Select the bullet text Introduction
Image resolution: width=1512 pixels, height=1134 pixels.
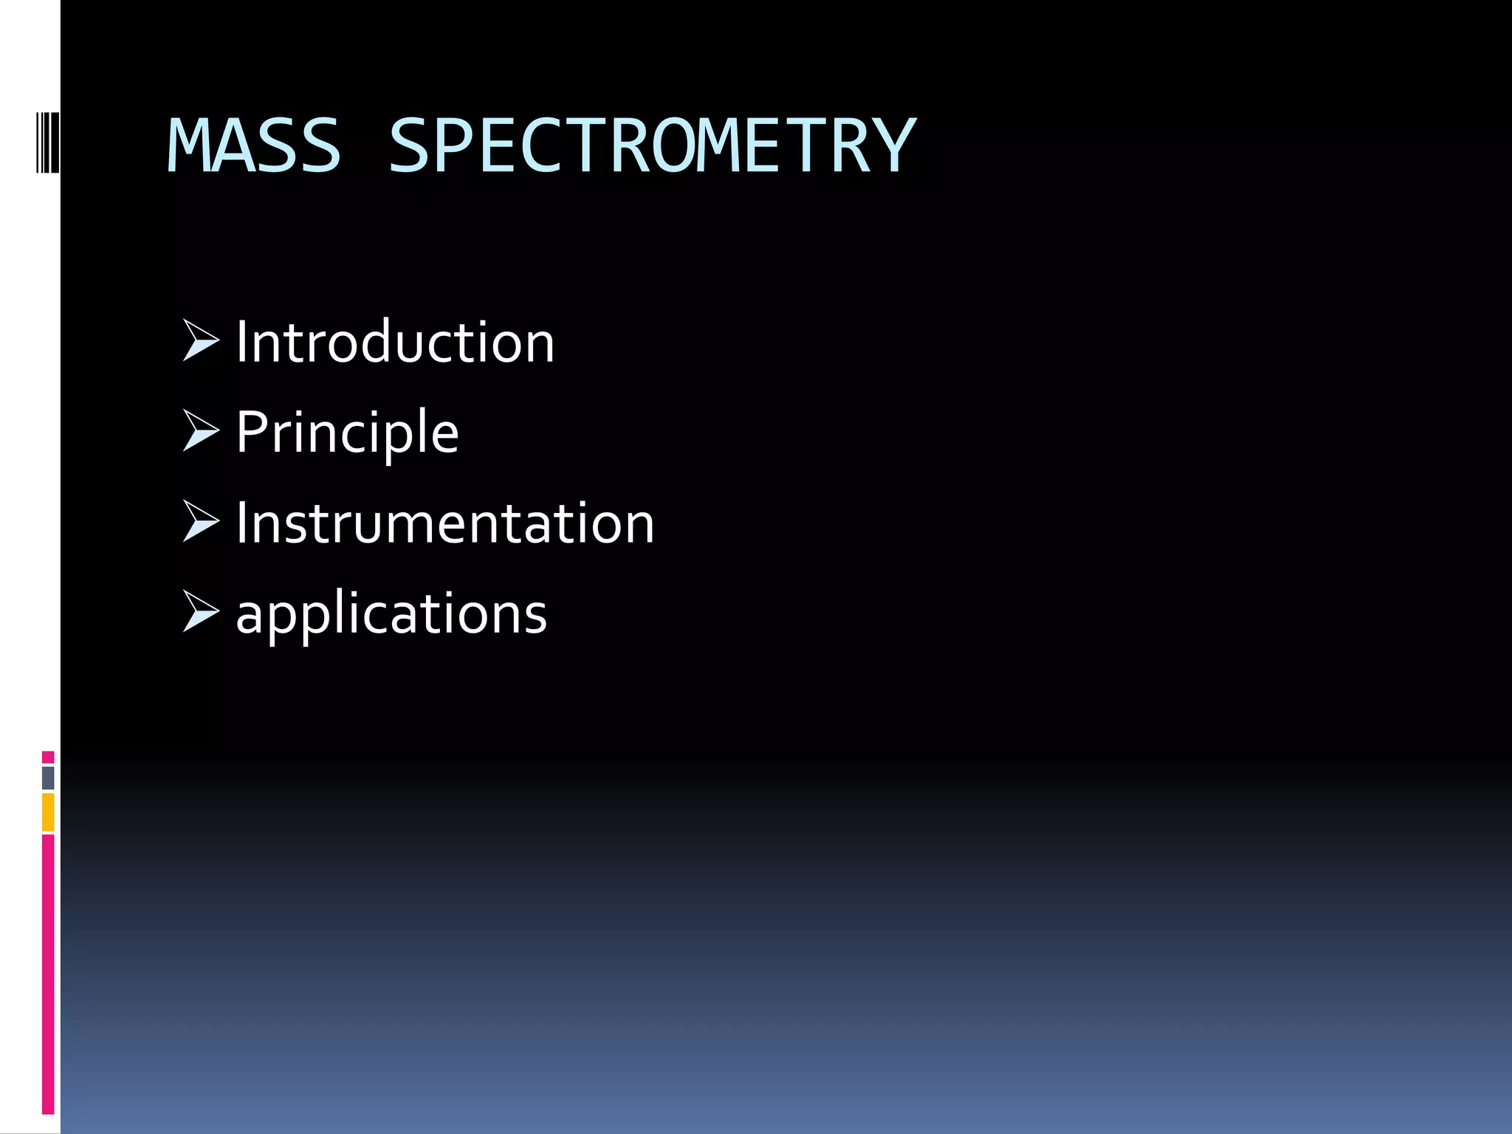pyautogui.click(x=395, y=343)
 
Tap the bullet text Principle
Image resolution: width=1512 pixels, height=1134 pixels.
pyautogui.click(x=347, y=433)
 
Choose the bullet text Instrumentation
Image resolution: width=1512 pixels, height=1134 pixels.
pyautogui.click(x=445, y=523)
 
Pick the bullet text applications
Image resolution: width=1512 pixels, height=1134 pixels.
pyautogui.click(x=391, y=614)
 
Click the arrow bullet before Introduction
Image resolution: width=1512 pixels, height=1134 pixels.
pyautogui.click(x=200, y=341)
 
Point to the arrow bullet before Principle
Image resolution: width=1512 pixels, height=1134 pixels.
pyautogui.click(x=200, y=432)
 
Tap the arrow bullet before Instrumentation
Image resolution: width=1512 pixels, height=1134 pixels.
pyautogui.click(x=200, y=522)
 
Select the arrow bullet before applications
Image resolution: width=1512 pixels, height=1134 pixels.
pyautogui.click(x=200, y=612)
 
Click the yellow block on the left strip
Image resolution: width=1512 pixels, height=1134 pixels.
pyautogui.click(x=48, y=812)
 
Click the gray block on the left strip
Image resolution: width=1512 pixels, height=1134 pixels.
pyautogui.click(x=48, y=777)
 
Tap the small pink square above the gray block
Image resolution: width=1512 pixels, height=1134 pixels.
pyautogui.click(x=48, y=757)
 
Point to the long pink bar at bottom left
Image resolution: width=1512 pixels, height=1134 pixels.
pyautogui.click(x=48, y=975)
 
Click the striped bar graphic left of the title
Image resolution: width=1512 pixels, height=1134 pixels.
pyautogui.click(x=48, y=142)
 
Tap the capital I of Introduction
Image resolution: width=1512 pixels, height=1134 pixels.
pyautogui.click(x=241, y=343)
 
